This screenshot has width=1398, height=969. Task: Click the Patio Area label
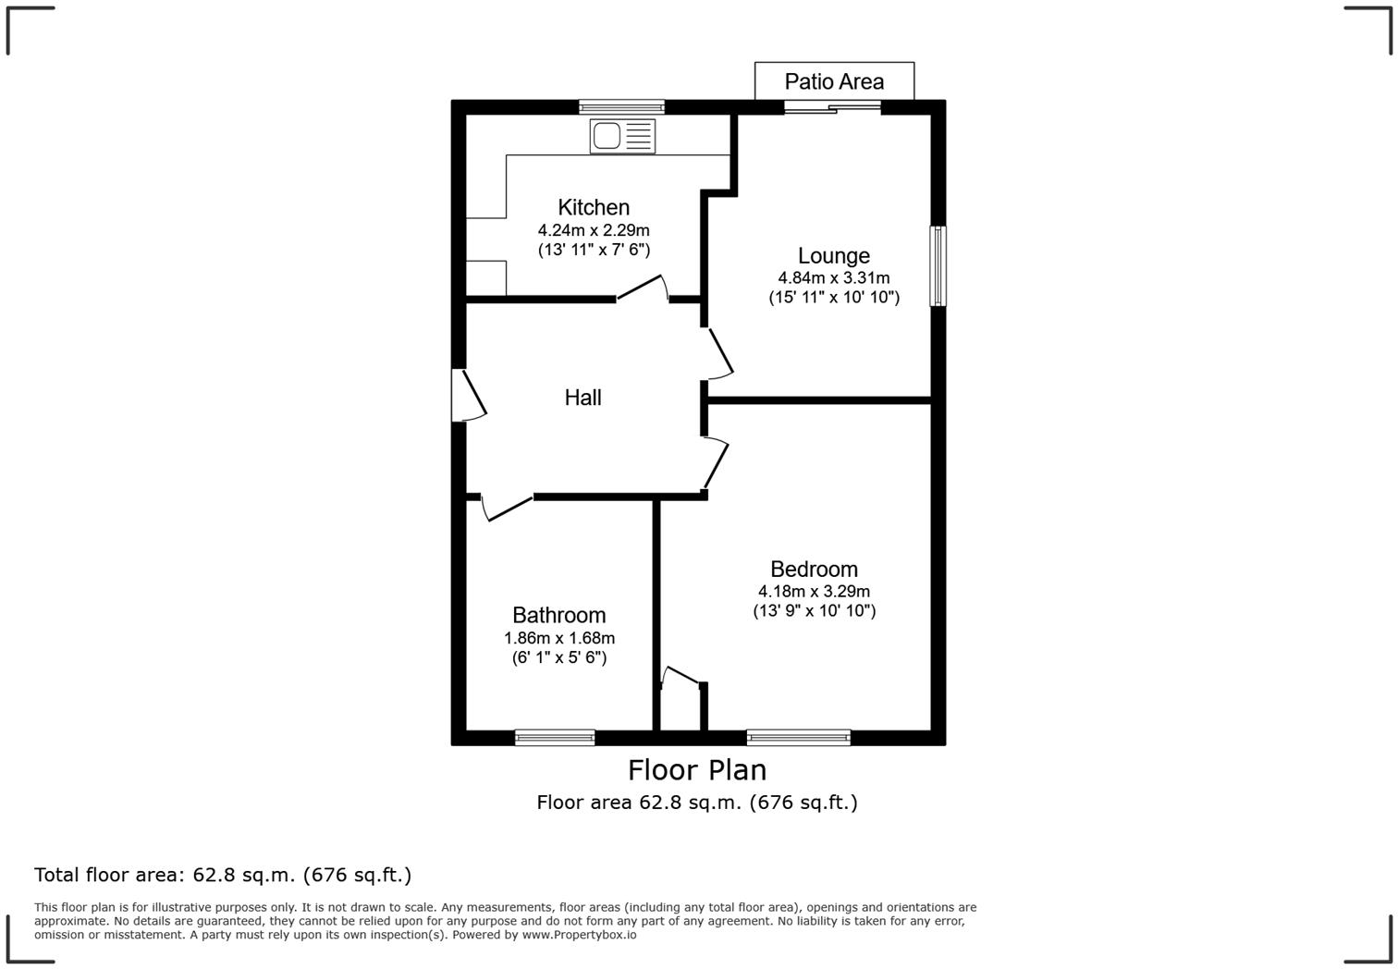[834, 81]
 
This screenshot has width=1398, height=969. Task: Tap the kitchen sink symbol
[622, 136]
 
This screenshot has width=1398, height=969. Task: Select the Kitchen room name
[594, 207]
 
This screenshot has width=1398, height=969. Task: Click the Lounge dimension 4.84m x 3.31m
[833, 277]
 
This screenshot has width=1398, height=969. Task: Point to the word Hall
[582, 398]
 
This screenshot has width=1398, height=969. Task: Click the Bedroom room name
[814, 569]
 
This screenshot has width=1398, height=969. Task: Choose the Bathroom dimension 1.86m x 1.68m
[558, 638]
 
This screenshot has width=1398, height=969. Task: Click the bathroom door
[508, 508]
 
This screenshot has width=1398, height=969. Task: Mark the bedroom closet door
[681, 677]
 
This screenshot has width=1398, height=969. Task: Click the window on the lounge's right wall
[938, 265]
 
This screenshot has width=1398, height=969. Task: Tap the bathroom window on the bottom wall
[555, 737]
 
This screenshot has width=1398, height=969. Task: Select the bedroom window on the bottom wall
[798, 737]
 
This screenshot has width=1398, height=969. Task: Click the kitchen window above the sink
[621, 106]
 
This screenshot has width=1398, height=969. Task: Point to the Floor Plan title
[697, 769]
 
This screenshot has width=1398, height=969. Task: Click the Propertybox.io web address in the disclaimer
[580, 935]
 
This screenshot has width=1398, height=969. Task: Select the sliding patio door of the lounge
[832, 107]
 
